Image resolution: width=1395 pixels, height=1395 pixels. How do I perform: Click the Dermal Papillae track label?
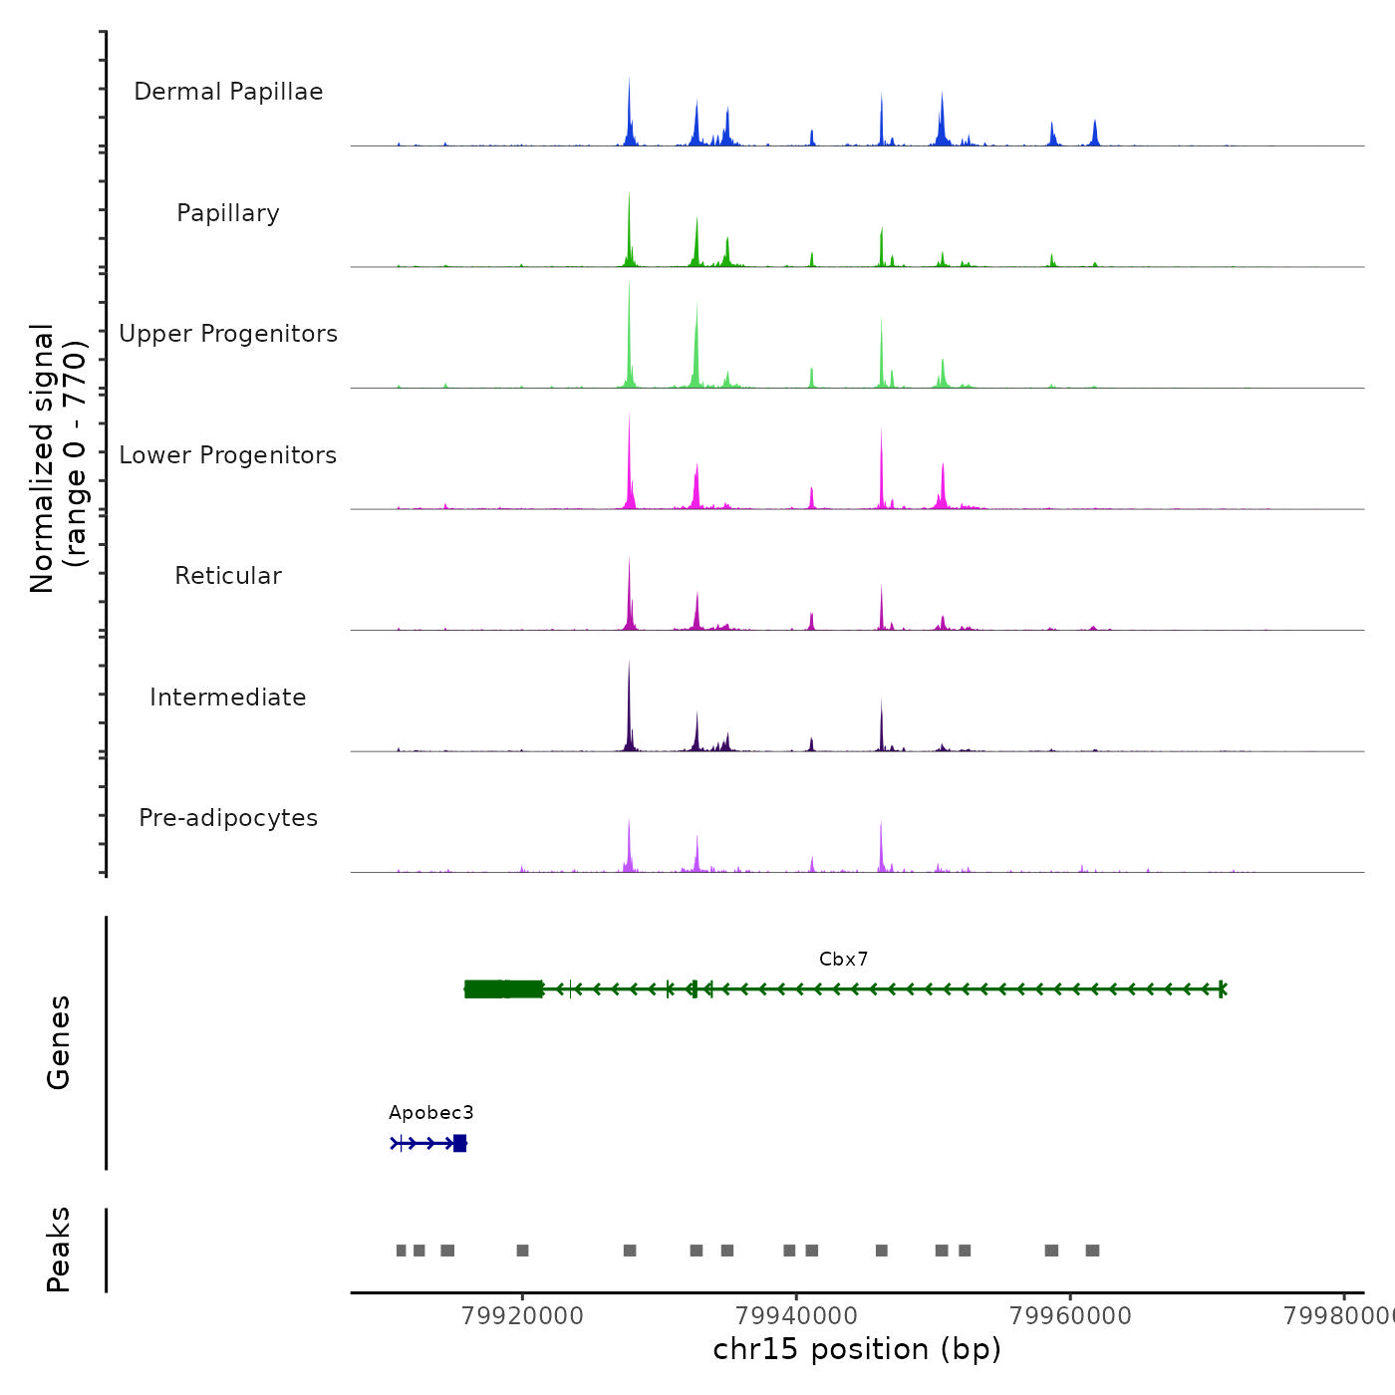tap(228, 92)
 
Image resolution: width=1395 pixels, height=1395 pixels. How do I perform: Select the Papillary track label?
tap(228, 213)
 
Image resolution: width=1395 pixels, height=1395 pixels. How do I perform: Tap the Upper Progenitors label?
tap(228, 334)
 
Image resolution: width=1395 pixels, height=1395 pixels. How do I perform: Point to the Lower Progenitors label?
tap(228, 455)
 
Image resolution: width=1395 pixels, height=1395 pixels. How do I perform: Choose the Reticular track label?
tap(228, 576)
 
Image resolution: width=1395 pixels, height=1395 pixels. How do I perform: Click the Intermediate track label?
tap(228, 697)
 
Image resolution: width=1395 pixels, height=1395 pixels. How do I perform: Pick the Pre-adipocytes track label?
tap(228, 818)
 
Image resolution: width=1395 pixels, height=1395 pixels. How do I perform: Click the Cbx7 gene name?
tap(843, 960)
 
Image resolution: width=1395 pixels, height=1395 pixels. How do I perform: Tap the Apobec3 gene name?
tap(430, 1113)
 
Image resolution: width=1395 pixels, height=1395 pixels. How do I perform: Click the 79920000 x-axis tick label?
tap(522, 1316)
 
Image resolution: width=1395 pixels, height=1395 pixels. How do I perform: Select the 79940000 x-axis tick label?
tap(796, 1316)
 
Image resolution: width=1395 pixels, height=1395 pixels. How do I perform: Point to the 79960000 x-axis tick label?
tap(1070, 1316)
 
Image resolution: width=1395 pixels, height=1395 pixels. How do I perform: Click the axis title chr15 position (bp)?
tap(857, 1349)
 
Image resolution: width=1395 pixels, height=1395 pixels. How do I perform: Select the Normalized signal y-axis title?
tap(58, 458)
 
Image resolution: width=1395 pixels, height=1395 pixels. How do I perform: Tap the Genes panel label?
tap(59, 1042)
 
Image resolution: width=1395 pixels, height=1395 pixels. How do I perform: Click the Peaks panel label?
tap(59, 1250)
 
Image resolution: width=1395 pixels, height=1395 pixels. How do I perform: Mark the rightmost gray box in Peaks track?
tap(1092, 1251)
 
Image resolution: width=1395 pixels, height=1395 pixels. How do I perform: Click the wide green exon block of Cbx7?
tap(503, 989)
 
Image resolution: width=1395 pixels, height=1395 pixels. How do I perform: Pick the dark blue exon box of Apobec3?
tap(459, 1143)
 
